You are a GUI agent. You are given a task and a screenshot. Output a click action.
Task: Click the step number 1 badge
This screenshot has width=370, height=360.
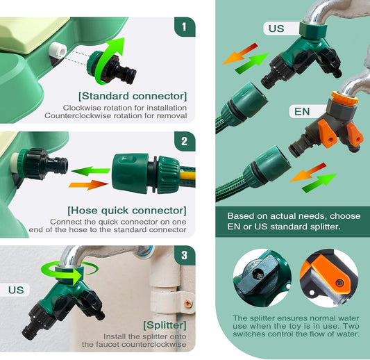[x=185, y=26]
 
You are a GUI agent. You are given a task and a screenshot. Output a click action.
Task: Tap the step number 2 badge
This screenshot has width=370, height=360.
[x=185, y=141]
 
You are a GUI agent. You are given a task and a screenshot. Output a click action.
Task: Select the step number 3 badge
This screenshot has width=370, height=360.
[x=185, y=255]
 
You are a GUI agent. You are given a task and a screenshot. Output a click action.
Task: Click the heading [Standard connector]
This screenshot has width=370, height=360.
[x=133, y=96]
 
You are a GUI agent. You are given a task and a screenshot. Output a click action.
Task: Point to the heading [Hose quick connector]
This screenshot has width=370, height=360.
[x=127, y=211]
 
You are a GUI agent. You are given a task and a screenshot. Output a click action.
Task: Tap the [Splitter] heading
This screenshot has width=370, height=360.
[x=165, y=325]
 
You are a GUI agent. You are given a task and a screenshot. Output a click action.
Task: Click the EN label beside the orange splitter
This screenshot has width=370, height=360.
[x=302, y=111]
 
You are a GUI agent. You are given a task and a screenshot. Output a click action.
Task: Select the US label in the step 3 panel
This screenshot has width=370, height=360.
[x=16, y=290]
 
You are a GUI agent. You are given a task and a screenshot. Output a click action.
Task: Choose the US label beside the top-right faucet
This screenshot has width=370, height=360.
[x=276, y=28]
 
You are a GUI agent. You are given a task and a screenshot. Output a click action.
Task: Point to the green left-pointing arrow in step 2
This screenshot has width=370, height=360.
[x=91, y=171]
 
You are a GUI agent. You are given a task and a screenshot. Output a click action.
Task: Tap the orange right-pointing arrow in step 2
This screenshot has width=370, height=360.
[x=88, y=185]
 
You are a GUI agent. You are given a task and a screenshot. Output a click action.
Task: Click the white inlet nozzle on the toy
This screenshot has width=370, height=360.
[x=58, y=50]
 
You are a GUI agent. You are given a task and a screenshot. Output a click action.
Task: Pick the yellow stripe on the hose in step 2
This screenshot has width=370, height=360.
[x=187, y=175]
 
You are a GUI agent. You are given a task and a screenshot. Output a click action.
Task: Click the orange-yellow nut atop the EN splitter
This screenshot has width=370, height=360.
[x=345, y=97]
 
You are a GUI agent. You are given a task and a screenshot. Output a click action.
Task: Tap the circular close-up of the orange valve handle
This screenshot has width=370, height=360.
[x=329, y=278]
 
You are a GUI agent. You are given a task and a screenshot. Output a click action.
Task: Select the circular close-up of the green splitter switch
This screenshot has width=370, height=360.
[x=262, y=278]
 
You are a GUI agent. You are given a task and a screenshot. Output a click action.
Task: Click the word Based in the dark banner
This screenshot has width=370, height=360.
[x=239, y=216]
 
